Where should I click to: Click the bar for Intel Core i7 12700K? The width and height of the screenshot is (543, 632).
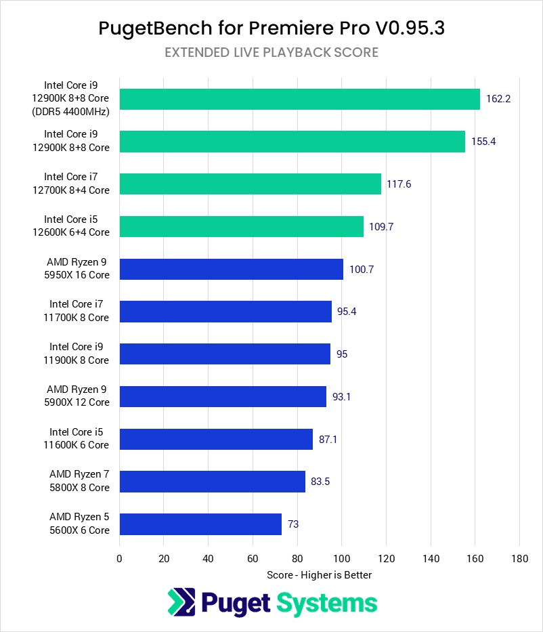[251, 184]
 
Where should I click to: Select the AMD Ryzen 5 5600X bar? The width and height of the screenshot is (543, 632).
[200, 524]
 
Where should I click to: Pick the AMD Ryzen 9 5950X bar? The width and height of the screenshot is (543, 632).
[232, 269]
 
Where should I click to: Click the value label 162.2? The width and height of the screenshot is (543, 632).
[498, 99]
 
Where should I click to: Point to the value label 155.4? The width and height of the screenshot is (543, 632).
[483, 142]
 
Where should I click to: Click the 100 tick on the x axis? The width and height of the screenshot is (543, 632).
[341, 559]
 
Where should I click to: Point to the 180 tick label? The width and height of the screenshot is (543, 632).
[519, 559]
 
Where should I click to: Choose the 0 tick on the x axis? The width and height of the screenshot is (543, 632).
[120, 559]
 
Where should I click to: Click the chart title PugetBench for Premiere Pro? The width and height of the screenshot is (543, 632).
[271, 28]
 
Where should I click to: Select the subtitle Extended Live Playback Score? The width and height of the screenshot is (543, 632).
[271, 52]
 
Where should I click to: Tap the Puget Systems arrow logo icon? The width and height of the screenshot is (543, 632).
[181, 603]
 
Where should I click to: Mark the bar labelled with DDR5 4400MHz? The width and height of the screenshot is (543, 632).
[300, 99]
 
